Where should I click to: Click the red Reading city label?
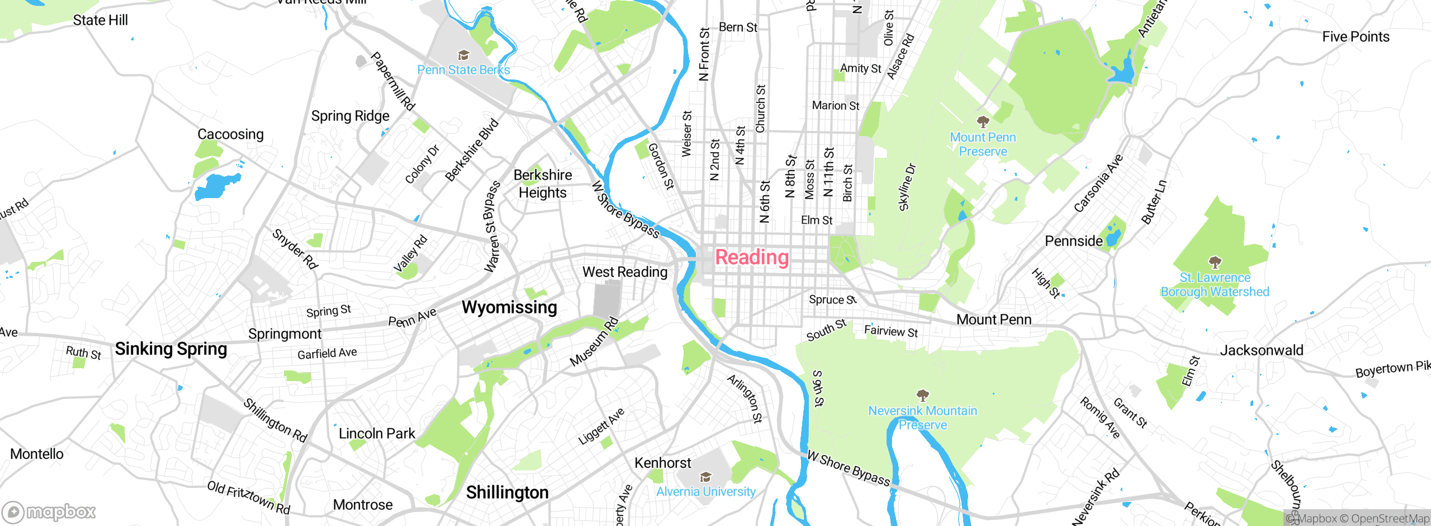[x=752, y=257]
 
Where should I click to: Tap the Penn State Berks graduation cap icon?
[x=463, y=55]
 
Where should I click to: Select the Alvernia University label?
[x=705, y=492]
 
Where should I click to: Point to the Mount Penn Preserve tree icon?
[x=983, y=121]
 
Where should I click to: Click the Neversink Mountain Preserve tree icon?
[x=922, y=395]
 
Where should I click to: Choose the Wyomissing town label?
[x=509, y=307]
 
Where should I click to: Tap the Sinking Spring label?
[x=170, y=349]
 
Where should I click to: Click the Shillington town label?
[x=507, y=492]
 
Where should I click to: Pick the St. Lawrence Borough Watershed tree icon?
[x=1214, y=262]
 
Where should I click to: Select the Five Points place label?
[x=1356, y=37]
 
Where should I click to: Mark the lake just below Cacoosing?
[x=216, y=186]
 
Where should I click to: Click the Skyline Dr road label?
[x=907, y=187]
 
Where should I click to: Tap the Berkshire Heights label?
[x=542, y=184]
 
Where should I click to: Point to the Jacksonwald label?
[x=1261, y=350]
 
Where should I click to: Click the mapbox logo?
[x=49, y=511]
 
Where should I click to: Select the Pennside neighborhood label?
[x=1073, y=241]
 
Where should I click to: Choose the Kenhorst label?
[x=662, y=463]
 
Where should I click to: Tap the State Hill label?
[x=100, y=20]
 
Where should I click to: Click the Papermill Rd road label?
[x=392, y=82]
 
